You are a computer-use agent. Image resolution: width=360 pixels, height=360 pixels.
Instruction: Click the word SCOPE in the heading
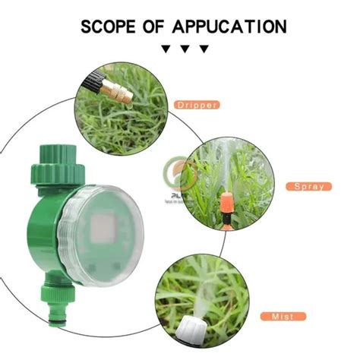pyautogui.click(x=111, y=27)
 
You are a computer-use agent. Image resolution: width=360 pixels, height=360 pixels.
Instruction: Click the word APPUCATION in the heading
pyautogui.click(x=229, y=27)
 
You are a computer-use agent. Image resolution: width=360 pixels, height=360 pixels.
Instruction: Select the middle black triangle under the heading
pyautogui.click(x=185, y=49)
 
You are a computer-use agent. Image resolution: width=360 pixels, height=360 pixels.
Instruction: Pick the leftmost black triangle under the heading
pyautogui.click(x=166, y=49)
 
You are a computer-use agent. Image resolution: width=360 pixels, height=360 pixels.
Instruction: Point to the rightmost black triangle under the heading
pyautogui.click(x=204, y=49)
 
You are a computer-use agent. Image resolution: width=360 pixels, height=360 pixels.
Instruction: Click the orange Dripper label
pyautogui.click(x=197, y=104)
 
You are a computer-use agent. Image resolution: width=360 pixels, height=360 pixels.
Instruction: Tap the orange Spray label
pyautogui.click(x=308, y=186)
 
